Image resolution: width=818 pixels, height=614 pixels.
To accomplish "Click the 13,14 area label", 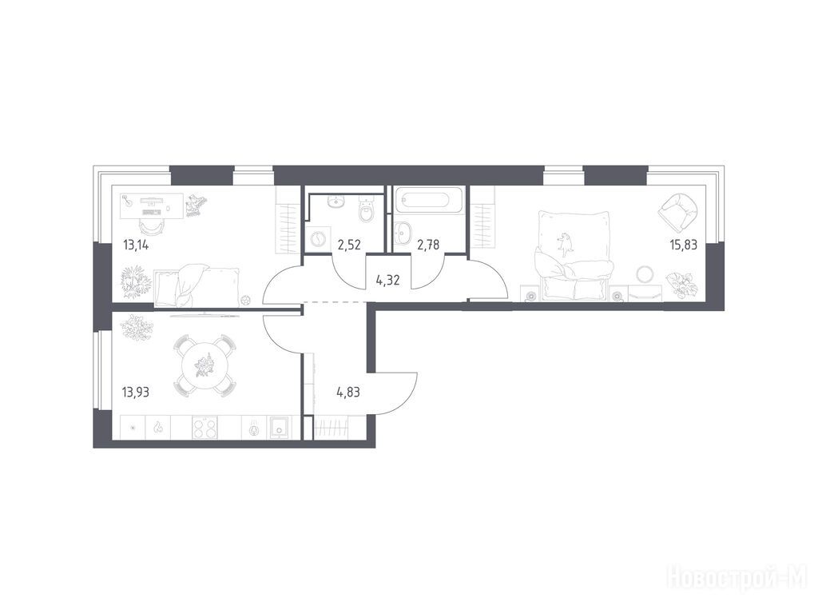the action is tap(136, 245).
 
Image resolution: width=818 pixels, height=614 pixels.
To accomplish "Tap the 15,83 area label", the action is tap(684, 245).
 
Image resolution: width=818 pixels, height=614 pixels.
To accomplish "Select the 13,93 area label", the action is tap(135, 392).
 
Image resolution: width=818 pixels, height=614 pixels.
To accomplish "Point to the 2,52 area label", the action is tap(349, 245).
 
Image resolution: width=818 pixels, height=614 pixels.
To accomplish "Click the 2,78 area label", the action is tap(428, 245).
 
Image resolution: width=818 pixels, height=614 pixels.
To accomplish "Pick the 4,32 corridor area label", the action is tap(387, 281).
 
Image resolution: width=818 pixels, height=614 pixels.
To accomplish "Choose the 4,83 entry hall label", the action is tap(348, 392).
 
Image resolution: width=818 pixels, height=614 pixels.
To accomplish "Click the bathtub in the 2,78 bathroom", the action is tap(428, 200).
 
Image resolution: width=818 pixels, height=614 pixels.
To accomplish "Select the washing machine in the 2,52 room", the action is tap(318, 240).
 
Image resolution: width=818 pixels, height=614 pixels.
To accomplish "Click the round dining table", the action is tap(204, 365).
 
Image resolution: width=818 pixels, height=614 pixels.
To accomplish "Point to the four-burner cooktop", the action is tap(204, 428).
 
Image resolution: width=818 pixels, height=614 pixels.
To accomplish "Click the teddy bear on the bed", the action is tap(564, 244).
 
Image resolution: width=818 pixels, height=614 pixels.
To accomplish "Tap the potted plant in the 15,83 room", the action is tap(681, 285).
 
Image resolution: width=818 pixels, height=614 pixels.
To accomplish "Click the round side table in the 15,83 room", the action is tap(645, 273).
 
